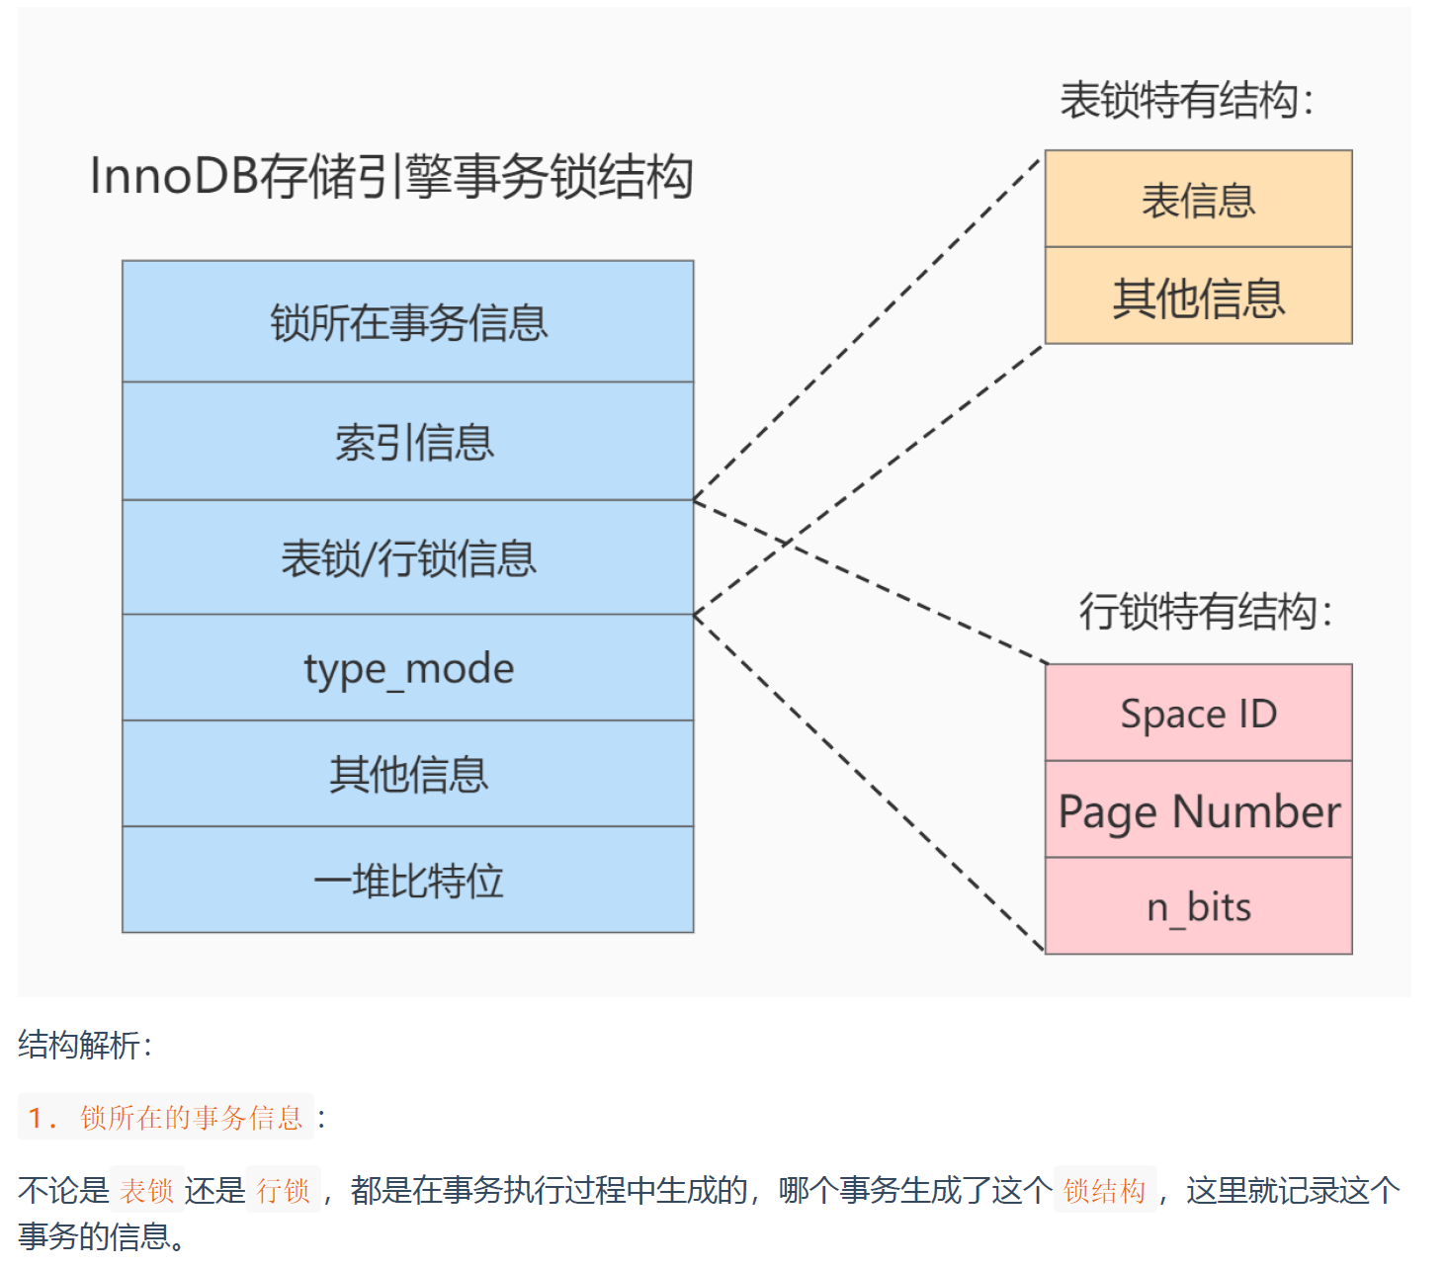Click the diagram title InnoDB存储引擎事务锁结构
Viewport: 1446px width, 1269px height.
coord(391,177)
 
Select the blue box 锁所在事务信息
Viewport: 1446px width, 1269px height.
coord(408,322)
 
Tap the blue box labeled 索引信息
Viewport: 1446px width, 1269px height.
coord(408,442)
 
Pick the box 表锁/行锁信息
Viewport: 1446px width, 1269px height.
coord(408,558)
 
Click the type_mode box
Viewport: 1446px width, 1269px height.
coord(408,668)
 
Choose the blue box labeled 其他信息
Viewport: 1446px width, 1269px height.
coord(408,774)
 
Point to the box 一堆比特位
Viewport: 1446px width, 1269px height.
coord(408,880)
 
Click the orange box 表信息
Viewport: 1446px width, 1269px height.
coord(1198,200)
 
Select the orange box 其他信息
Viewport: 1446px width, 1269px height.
coord(1198,296)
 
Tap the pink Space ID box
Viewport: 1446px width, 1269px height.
coord(1198,713)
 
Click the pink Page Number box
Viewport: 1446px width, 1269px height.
coord(1198,810)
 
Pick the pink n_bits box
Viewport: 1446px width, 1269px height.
coord(1198,906)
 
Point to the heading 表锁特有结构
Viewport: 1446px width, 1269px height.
coord(1186,100)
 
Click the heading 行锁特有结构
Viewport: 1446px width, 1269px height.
coord(1205,611)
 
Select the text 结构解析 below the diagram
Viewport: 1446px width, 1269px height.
coord(84,1045)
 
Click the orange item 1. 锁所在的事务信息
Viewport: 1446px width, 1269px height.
coord(166,1117)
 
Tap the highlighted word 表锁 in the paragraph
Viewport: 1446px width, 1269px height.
coord(146,1190)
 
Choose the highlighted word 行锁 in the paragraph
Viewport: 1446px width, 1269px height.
coord(283,1190)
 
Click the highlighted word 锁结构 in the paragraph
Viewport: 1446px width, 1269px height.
coord(1104,1190)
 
